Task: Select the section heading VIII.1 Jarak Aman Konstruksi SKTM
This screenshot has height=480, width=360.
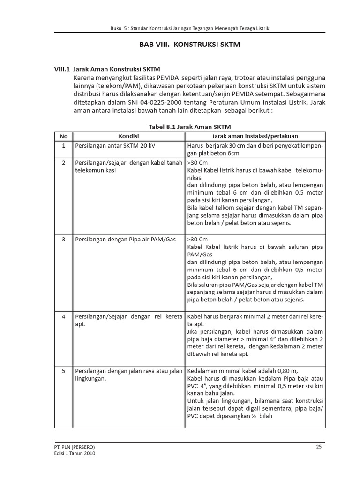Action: click(107, 68)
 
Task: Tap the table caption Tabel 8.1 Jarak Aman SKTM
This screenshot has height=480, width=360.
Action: click(189, 127)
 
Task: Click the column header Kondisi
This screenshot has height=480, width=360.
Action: click(128, 136)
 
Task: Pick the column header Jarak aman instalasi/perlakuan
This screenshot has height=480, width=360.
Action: click(255, 136)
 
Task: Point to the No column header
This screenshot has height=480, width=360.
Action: click(64, 136)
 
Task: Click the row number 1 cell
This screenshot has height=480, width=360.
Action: click(64, 146)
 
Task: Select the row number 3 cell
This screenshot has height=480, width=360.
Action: click(64, 239)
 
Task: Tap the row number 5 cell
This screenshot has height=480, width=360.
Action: click(64, 371)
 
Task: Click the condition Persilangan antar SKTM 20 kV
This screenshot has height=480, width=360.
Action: click(115, 146)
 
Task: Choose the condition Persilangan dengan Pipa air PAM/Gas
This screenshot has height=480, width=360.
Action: click(125, 239)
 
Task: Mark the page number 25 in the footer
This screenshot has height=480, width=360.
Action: click(319, 447)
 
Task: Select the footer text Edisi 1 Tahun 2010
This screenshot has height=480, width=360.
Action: click(77, 454)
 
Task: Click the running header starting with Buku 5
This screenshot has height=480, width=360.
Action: click(189, 28)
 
